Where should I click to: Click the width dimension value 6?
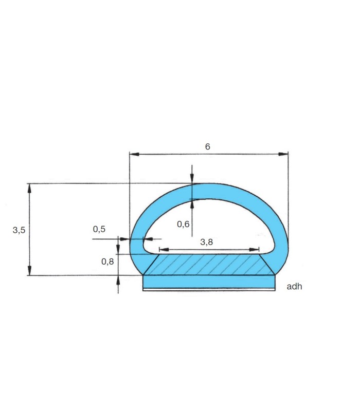tap(208, 146)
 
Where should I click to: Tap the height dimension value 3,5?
tap(19, 230)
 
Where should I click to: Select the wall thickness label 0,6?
tap(183, 224)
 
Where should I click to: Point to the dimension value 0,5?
tap(99, 229)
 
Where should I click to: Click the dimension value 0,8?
tap(107, 261)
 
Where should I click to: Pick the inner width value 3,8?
tap(207, 242)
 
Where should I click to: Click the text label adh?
tap(294, 287)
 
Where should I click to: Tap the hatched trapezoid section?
tap(209, 265)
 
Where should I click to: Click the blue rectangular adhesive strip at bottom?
tap(209, 282)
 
